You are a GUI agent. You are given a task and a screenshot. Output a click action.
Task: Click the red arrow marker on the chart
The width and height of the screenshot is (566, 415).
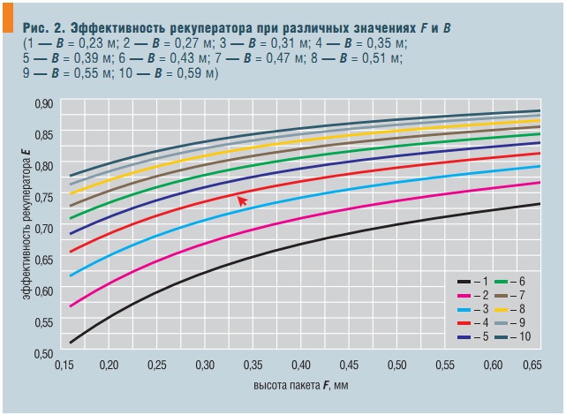pyautogui.click(x=242, y=201)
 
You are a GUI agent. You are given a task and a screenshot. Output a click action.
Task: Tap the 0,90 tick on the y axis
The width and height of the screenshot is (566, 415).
pyautogui.click(x=44, y=104)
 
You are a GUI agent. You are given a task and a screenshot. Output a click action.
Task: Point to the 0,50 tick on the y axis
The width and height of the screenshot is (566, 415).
pyautogui.click(x=44, y=353)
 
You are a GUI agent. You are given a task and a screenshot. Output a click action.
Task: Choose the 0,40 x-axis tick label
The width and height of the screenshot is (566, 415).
pyautogui.click(x=301, y=365)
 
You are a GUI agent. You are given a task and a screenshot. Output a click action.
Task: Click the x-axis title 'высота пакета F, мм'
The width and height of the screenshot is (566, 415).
pyautogui.click(x=301, y=387)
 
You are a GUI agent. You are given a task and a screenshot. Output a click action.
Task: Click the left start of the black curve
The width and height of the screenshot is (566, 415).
pyautogui.click(x=71, y=342)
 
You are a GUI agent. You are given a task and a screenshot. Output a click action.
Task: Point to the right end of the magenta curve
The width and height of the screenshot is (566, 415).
pyautogui.click(x=540, y=183)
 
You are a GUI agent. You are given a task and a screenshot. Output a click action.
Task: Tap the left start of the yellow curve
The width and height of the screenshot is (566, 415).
pyautogui.click(x=71, y=193)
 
